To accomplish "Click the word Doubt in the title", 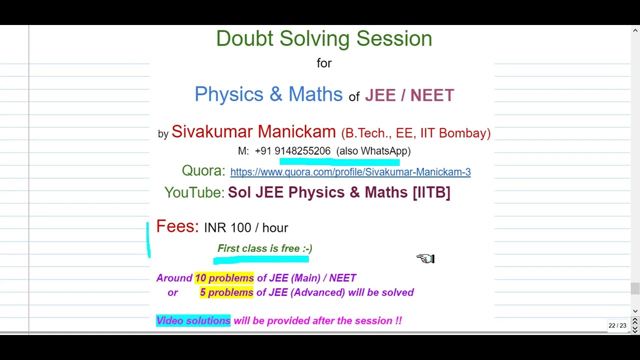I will [244, 39].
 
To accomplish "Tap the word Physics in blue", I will [228, 94].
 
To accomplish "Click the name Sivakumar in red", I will [212, 132].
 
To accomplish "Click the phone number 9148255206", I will [302, 151].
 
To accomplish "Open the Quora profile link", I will [350, 172].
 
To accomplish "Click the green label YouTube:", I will [194, 192].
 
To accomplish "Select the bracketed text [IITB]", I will [431, 192].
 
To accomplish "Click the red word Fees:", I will [177, 226].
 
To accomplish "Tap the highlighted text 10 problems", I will [224, 278].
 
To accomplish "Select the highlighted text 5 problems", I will [226, 292].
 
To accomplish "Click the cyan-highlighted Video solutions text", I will [193, 321].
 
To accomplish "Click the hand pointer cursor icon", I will [425, 258].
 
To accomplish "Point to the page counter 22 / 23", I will [617, 325].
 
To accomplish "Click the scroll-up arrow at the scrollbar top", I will [635, 30].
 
